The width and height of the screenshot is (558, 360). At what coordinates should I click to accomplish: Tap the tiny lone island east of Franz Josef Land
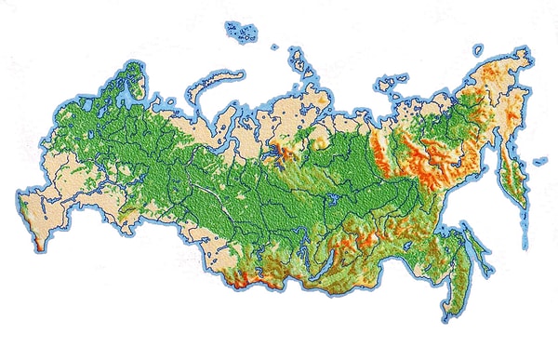coord(275,47)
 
